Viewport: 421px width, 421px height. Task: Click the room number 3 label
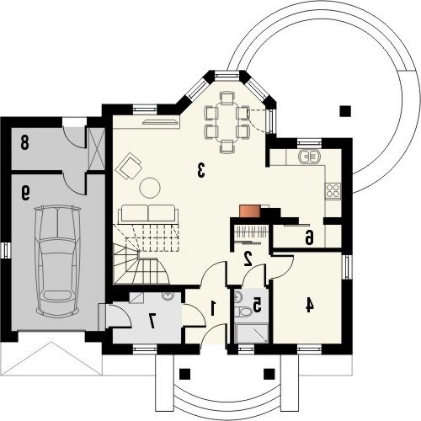pos(201,170)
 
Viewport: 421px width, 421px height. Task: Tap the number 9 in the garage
pos(25,194)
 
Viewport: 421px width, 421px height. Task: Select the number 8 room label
pos(24,144)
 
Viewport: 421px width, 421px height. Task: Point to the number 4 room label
pos(309,305)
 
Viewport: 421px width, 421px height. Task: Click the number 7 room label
pos(152,322)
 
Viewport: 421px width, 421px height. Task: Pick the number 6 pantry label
pos(309,238)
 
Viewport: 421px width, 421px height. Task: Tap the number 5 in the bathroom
pos(257,306)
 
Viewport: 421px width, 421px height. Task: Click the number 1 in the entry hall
pos(213,308)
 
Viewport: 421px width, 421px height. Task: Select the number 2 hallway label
pos(248,258)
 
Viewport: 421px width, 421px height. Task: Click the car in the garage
pos(58,261)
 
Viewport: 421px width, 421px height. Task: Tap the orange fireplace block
pos(250,211)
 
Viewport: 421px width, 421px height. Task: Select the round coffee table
pos(150,188)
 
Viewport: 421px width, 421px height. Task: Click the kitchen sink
pos(309,157)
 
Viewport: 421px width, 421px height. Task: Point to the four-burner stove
pos(333,191)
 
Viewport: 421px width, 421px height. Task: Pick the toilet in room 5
pos(242,312)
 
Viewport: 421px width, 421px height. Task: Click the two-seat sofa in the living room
pos(148,214)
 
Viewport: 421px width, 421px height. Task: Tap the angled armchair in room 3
pos(128,166)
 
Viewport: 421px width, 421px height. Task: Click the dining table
pos(227,122)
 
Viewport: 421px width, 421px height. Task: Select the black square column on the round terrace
pos(345,111)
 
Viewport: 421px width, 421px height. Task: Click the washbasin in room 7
pos(168,296)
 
